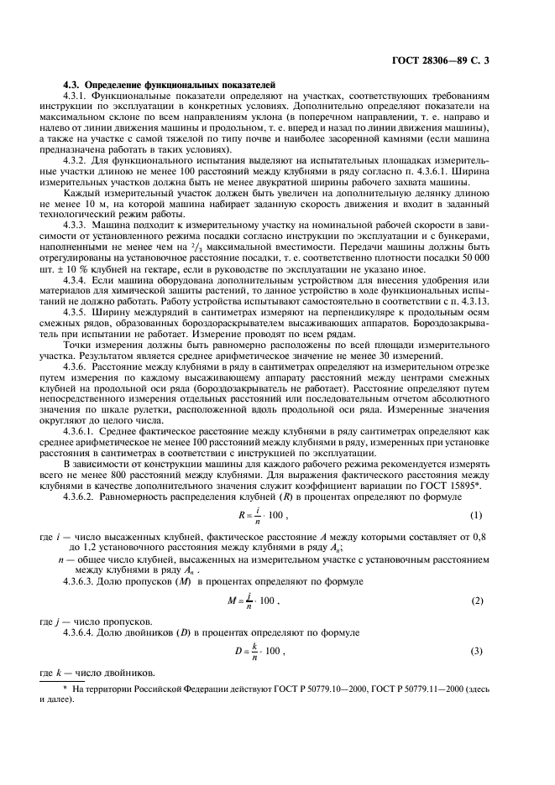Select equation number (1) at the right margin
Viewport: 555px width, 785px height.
point(500,537)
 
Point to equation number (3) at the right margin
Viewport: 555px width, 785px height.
point(500,651)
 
